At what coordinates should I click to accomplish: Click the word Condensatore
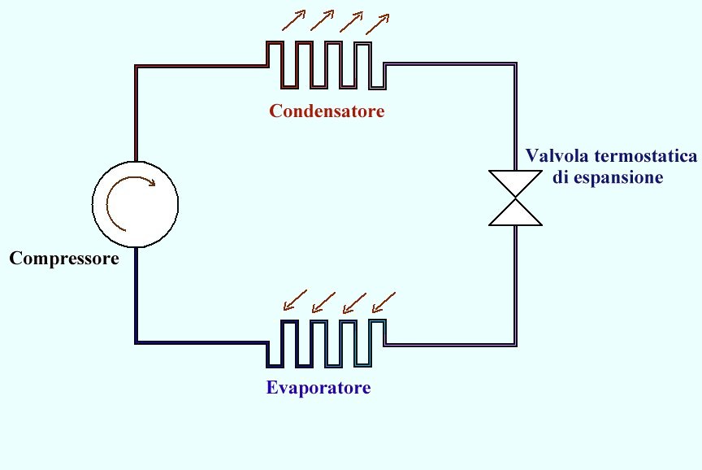tap(327, 111)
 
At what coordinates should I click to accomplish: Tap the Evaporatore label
tap(318, 387)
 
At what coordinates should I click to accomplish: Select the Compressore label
tap(64, 259)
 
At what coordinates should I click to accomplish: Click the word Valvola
tap(555, 155)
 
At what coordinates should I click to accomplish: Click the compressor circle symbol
tap(135, 203)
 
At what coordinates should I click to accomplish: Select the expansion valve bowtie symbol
tap(516, 198)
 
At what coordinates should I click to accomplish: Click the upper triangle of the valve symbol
tap(516, 183)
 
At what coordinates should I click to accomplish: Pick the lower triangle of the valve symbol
tap(516, 213)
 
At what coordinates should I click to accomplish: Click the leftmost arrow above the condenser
tap(294, 19)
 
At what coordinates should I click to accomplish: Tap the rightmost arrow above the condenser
tap(378, 23)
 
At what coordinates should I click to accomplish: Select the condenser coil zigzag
tap(325, 65)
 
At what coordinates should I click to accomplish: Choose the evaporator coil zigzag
tap(325, 342)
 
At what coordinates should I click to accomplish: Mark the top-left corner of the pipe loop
tap(136, 66)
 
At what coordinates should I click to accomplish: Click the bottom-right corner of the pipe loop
tap(516, 345)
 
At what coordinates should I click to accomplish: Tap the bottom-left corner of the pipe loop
tap(136, 341)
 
